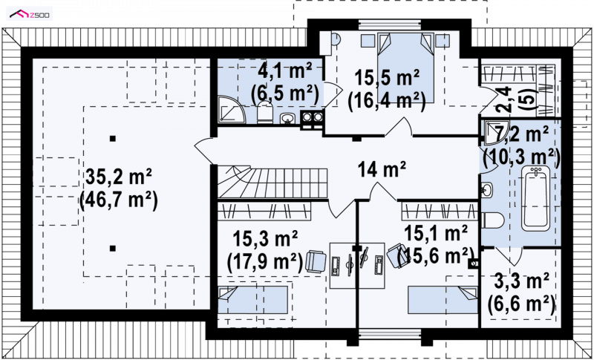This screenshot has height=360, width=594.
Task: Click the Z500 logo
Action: click(x=29, y=14)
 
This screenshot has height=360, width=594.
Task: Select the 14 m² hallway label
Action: click(x=382, y=168)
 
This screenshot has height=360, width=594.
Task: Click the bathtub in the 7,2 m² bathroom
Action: click(x=535, y=199)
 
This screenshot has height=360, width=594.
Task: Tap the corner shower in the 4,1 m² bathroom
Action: click(x=232, y=109)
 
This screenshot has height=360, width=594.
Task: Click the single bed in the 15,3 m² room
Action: click(x=252, y=300)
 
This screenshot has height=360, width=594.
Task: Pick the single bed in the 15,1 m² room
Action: click(x=443, y=300)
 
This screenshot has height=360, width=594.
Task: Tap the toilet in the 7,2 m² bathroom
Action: click(x=492, y=220)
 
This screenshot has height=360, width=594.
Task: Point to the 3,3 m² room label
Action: click(x=522, y=281)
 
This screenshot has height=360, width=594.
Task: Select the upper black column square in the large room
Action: click(x=112, y=139)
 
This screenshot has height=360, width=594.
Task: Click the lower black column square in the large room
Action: click(x=112, y=249)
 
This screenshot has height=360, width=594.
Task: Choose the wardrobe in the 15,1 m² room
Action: click(x=440, y=211)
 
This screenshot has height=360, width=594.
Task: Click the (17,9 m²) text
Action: click(x=265, y=262)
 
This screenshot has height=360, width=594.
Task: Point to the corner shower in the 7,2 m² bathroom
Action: click(x=493, y=132)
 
